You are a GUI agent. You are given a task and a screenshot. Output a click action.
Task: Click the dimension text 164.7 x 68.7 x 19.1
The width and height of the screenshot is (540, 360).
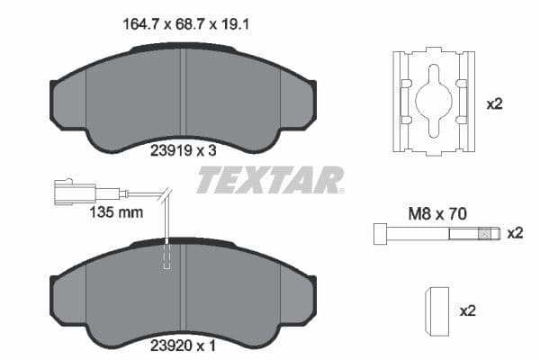[x=184, y=26]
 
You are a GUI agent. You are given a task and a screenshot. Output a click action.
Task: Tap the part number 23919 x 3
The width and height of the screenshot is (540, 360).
[x=184, y=151]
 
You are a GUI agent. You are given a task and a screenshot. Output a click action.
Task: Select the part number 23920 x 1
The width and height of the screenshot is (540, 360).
[x=184, y=343]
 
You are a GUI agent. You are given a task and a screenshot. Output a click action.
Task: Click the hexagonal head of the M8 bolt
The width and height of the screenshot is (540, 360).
[x=379, y=235]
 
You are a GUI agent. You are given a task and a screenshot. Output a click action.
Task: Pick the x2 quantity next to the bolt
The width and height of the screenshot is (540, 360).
[x=515, y=234]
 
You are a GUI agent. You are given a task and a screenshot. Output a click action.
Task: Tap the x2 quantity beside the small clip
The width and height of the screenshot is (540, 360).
[x=468, y=310]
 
